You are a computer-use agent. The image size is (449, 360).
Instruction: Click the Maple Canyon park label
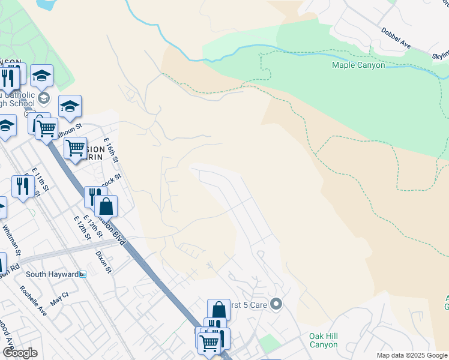(358, 65)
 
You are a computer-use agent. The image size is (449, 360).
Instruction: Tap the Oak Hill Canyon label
(324, 340)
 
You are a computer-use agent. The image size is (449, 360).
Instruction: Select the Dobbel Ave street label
(395, 37)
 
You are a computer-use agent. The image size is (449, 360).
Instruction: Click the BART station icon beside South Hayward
(83, 274)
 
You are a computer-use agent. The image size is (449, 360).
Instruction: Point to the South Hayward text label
(52, 274)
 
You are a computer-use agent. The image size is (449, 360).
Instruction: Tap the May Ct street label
(59, 299)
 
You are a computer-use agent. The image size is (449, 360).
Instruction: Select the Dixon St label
(104, 262)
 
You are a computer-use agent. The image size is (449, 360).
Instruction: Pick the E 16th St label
(112, 151)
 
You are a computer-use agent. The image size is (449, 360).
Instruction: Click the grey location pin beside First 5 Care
(276, 305)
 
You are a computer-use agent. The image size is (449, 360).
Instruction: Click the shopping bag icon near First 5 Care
(218, 310)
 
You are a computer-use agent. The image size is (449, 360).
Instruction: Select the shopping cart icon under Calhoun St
(74, 146)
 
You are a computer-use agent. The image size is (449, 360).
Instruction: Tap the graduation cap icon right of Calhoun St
(70, 106)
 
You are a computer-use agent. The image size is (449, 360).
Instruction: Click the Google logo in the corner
(19, 353)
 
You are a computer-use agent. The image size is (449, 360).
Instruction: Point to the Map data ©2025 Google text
(412, 355)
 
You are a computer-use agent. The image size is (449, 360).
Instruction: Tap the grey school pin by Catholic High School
(43, 97)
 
